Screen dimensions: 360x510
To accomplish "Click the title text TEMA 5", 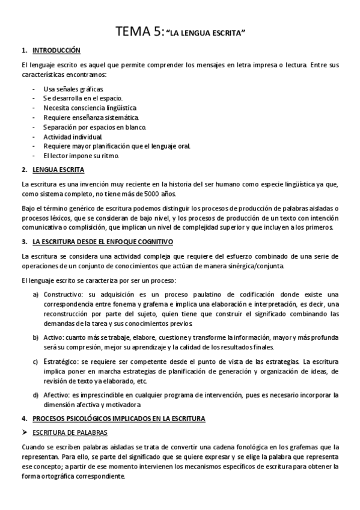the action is pos(139,32).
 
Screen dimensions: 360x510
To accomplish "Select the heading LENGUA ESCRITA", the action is pos(58,170).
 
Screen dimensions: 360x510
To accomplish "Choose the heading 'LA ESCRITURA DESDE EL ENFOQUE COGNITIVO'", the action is pos(103,242).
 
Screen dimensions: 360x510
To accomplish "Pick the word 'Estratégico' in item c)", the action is pos(60,361).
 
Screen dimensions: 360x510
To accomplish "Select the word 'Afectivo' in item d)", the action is pos(56,395).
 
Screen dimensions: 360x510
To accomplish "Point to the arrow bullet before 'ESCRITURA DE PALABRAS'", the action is pos(25,432).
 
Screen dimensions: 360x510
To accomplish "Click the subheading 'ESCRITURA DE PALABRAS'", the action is pos(72,432).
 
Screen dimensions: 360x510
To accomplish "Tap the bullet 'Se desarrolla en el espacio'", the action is pos(83,98).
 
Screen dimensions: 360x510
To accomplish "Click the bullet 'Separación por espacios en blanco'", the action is pos(95,127).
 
